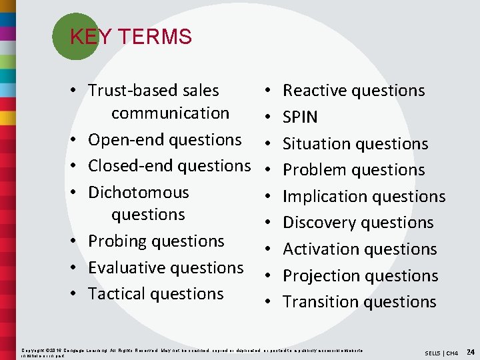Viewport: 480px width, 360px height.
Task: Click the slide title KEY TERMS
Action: [131, 37]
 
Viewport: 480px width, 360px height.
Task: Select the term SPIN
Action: [300, 117]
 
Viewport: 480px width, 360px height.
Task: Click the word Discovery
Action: [319, 223]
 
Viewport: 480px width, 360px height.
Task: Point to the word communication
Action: [170, 113]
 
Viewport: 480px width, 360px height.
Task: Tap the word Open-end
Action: [126, 140]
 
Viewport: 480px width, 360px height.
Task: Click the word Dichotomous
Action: [139, 193]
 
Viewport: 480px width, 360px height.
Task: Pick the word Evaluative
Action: [125, 267]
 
